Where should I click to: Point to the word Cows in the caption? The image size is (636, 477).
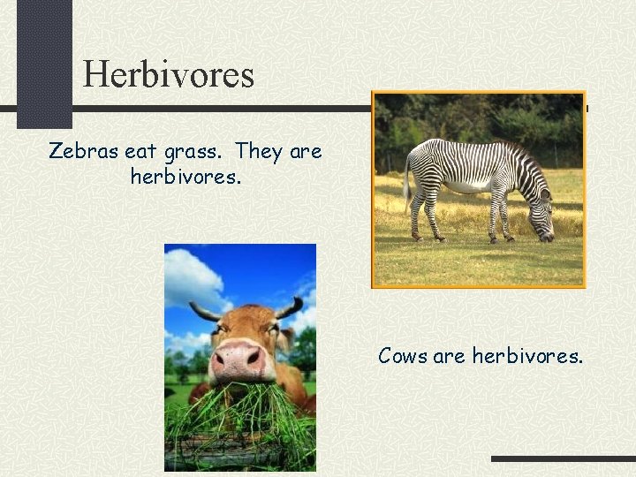pyautogui.click(x=403, y=356)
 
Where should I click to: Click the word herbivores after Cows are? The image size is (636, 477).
pyautogui.click(x=527, y=356)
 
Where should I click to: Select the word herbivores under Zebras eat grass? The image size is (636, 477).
pyautogui.click(x=185, y=177)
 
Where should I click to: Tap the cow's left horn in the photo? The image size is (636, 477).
pyautogui.click(x=204, y=311)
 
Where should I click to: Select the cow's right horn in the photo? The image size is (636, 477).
pyautogui.click(x=288, y=308)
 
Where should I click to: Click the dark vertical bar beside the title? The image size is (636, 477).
pyautogui.click(x=44, y=62)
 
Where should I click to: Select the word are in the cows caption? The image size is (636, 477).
pyautogui.click(x=450, y=356)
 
